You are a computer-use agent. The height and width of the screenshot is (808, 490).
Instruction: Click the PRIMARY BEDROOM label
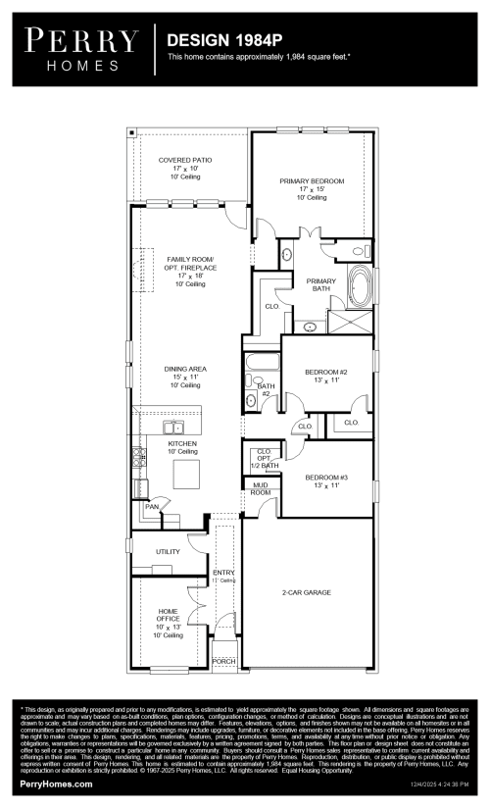[312, 181]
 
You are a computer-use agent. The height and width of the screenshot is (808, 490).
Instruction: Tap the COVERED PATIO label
[185, 160]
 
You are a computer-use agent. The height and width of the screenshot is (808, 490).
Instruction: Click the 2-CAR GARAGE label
[307, 592]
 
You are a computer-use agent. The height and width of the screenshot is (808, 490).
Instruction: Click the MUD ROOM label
[260, 488]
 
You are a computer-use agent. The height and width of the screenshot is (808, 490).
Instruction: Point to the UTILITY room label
[168, 552]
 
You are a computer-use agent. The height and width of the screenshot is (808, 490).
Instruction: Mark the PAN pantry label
[152, 507]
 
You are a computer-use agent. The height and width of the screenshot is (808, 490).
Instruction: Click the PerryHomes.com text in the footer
[56, 784]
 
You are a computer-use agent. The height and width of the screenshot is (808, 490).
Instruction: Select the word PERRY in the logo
[82, 40]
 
